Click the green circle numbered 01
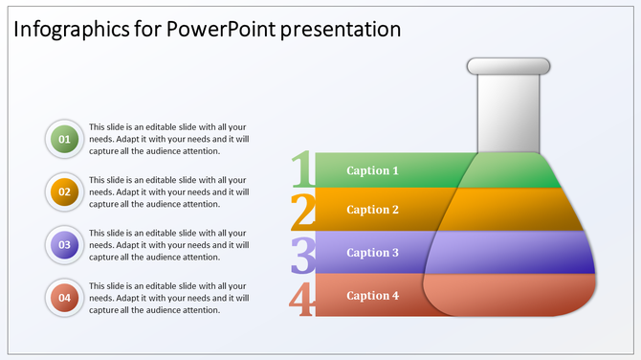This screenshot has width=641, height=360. coord(65,140)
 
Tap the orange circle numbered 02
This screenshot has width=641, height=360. coord(65,191)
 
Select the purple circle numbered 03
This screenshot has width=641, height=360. coord(65,245)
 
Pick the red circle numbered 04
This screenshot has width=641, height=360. coord(65,298)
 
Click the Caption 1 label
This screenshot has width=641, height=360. coord(372,171)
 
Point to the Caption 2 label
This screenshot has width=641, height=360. coord(372,210)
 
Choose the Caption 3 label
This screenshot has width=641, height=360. coord(372,253)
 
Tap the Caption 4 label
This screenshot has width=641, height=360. coord(372,296)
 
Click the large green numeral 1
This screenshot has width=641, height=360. coord(303,169)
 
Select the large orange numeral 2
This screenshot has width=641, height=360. coord(303,212)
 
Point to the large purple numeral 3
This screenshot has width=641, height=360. coord(303,256)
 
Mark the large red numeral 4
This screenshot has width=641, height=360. coord(302,298)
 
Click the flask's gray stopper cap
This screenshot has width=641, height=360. coord(508,66)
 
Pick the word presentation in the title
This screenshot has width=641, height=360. coord(341,29)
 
